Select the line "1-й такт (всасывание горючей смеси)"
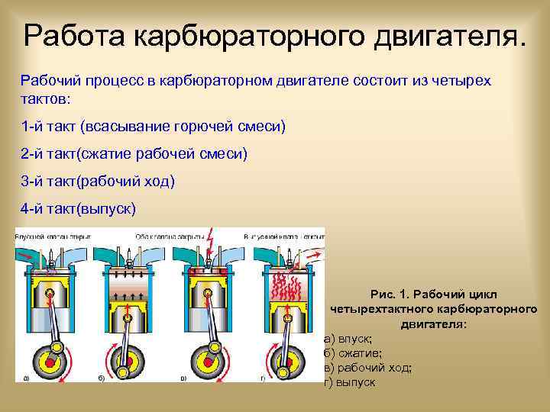pos(153,125)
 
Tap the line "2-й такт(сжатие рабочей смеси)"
pos(134,154)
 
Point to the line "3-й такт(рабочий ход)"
pos(98,181)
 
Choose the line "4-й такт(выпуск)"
pos(79,208)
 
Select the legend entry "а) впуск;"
pos(348,339)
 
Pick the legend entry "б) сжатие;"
pos(352,353)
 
